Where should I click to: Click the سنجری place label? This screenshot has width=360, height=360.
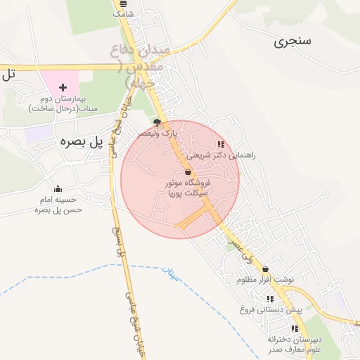pyautogui.click(x=292, y=41)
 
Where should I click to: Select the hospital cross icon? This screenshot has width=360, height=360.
pyautogui.click(x=63, y=88)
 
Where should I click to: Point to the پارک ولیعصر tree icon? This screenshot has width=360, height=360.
pyautogui.click(x=157, y=122)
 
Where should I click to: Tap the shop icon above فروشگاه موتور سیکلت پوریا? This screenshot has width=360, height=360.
pyautogui.click(x=188, y=172)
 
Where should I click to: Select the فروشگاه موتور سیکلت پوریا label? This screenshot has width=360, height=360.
pyautogui.click(x=188, y=188)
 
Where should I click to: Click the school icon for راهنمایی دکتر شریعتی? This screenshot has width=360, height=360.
pyautogui.click(x=221, y=144)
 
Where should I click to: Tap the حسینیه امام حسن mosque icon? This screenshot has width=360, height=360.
pyautogui.click(x=58, y=188)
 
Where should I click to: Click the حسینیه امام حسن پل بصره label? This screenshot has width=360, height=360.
pyautogui.click(x=60, y=205)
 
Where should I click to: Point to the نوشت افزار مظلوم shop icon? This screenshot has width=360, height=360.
pyautogui.click(x=265, y=269)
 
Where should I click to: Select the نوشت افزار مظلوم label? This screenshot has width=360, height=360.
pyautogui.click(x=264, y=280)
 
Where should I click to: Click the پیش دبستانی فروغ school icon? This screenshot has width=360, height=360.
pyautogui.click(x=270, y=299)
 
